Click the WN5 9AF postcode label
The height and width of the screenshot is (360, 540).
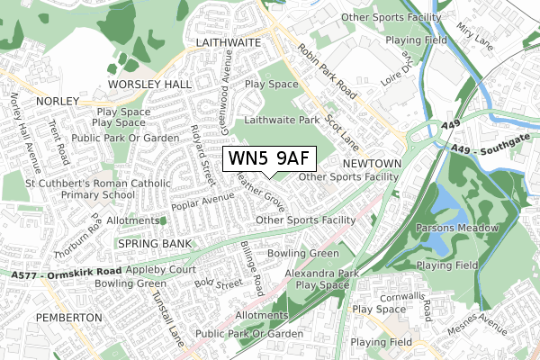(x=269, y=157)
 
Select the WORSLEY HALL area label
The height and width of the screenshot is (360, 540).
(x=149, y=84)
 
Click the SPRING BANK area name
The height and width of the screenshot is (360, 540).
(x=149, y=244)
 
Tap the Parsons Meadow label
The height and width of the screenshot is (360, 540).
(x=457, y=229)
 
